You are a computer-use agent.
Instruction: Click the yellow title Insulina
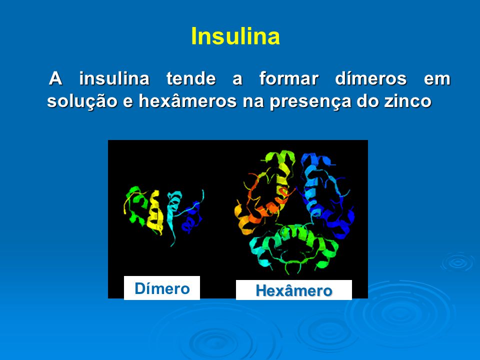pyautogui.click(x=235, y=36)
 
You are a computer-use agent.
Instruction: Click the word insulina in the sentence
pyautogui.click(x=114, y=78)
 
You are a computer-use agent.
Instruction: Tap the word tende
pyautogui.click(x=191, y=78)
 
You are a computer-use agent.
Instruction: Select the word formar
pyautogui.click(x=289, y=78)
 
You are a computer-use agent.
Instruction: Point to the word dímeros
pyautogui.click(x=371, y=78)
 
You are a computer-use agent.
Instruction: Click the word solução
pyautogui.click(x=82, y=101)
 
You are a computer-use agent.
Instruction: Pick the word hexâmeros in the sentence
pyautogui.click(x=187, y=100)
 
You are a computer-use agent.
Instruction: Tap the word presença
pyautogui.click(x=310, y=101)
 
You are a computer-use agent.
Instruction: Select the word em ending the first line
pyautogui.click(x=437, y=79)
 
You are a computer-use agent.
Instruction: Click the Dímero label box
pyautogui.click(x=162, y=288)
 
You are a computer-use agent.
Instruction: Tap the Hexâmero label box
pyautogui.click(x=294, y=290)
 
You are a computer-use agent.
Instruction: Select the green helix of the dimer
pyautogui.click(x=136, y=204)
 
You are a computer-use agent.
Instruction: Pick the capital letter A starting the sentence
pyautogui.click(x=55, y=78)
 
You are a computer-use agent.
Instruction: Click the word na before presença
pyautogui.click(x=253, y=101)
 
